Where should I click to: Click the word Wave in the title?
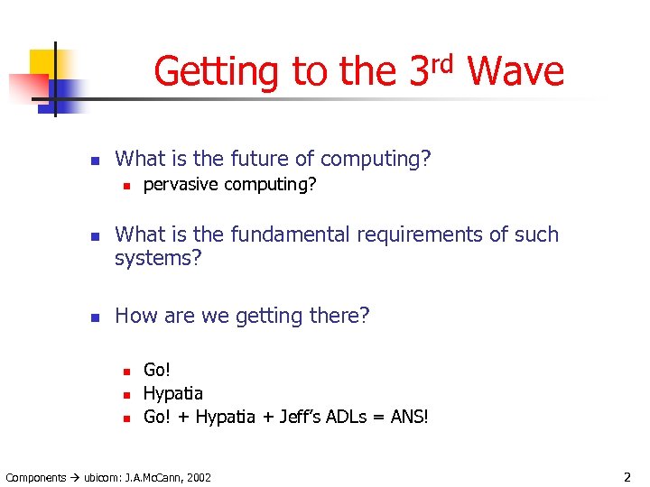pos(516,71)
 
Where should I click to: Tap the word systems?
pos(159,259)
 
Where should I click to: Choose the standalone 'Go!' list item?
pos(157,370)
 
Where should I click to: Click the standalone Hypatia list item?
pos(173,393)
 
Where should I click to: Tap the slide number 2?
pos(627,476)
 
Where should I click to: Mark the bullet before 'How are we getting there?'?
pos(91,317)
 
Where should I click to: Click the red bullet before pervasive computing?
pos(127,186)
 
